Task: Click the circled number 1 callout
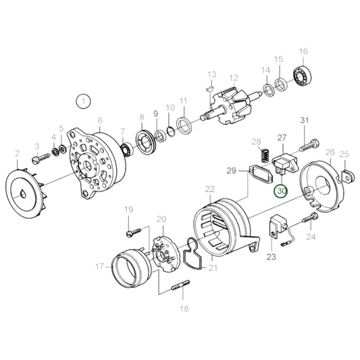[x=83, y=102]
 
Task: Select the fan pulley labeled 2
[x=27, y=188]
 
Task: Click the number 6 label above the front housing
[x=99, y=121]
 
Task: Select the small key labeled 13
[x=209, y=86]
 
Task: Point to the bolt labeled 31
[x=309, y=143]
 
